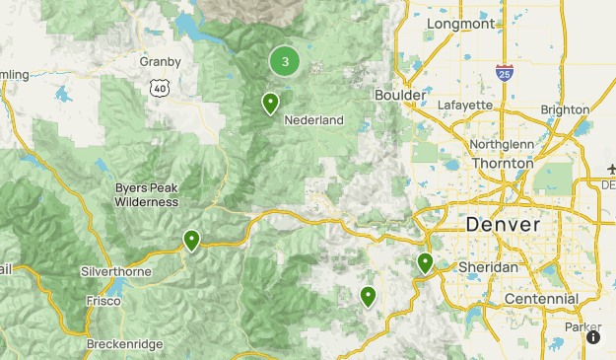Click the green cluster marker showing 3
(285, 62)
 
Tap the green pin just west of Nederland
(270, 103)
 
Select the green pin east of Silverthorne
(191, 240)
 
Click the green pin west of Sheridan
(425, 262)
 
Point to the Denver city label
(503, 225)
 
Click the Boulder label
(399, 95)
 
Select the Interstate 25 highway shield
(504, 72)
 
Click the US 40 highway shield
(159, 89)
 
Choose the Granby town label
(161, 61)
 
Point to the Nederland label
(313, 120)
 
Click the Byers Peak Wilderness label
(146, 193)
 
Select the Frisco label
(104, 300)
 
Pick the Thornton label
(501, 164)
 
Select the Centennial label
(540, 298)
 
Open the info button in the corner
(593, 337)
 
